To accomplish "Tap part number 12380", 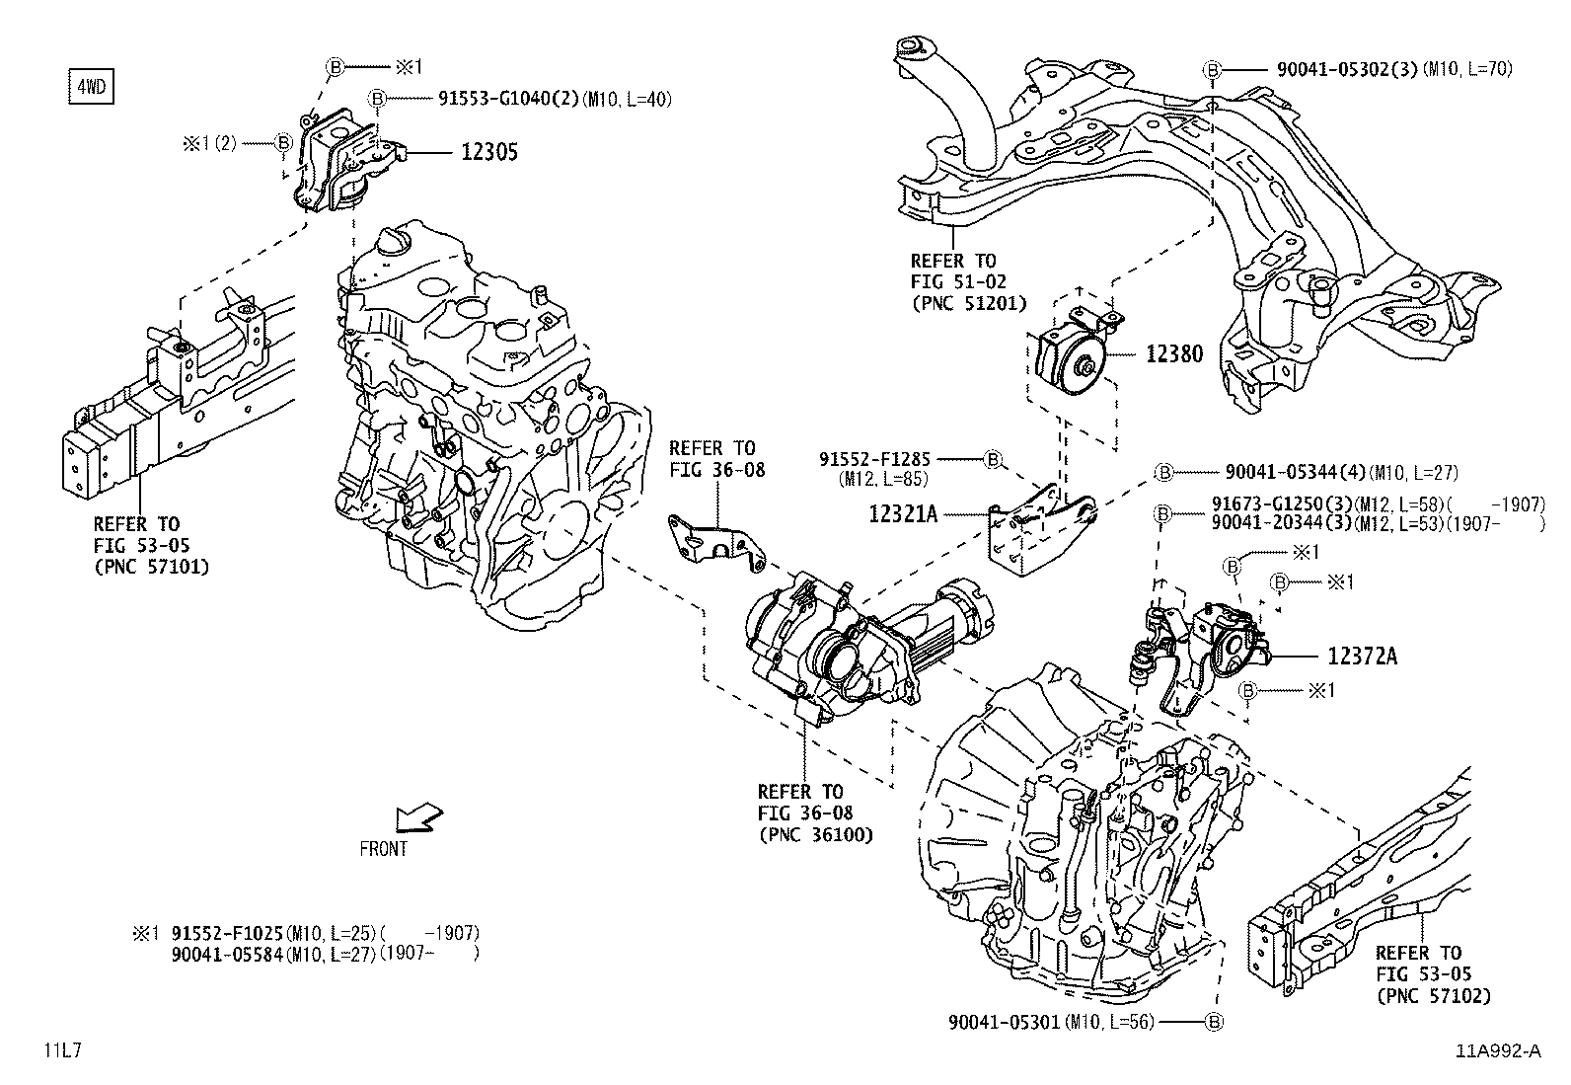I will coord(1173,353).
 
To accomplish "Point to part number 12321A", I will coord(902,513).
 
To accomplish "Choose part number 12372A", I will coord(1362,656).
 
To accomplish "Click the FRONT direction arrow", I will coord(417,817).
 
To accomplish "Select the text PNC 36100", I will coord(816,835).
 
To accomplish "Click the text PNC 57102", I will coord(1433,996).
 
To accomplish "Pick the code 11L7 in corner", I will coord(61,1050).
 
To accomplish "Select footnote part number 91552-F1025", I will coord(227,932).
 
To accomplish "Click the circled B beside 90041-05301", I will coord(1214,1022).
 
